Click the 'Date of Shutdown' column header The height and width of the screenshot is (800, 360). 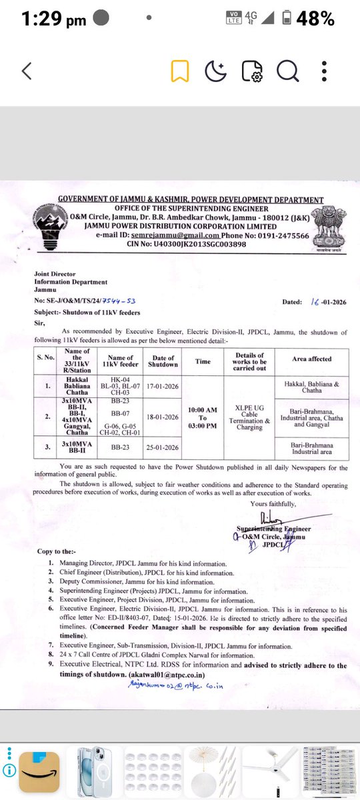coord(163,361)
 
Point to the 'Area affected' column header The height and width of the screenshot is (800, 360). coord(311,359)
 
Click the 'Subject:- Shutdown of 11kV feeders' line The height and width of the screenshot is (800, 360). coord(87,313)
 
